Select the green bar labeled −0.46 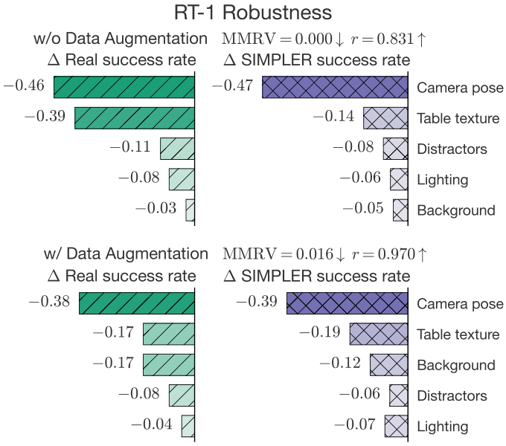[x=124, y=87]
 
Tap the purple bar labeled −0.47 [x=335, y=87]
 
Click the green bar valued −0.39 [x=135, y=117]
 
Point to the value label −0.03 [x=156, y=208]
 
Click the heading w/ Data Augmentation [x=121, y=254]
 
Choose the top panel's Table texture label [x=458, y=118]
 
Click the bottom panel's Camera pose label [x=460, y=303]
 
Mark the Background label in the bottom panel [x=456, y=365]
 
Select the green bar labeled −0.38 [x=137, y=303]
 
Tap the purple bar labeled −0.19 [x=379, y=334]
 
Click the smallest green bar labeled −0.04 [x=188, y=426]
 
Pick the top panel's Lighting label [x=442, y=179]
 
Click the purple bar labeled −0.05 [x=401, y=210]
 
